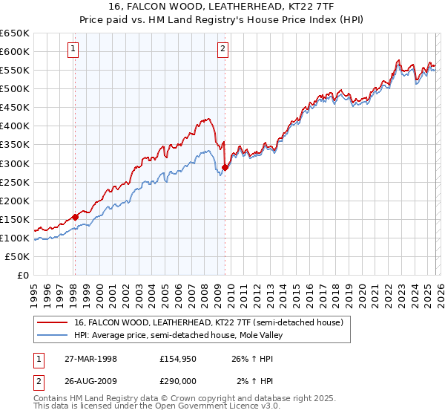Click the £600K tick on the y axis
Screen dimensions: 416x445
click(15, 51)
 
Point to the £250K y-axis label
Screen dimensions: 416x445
click(15, 182)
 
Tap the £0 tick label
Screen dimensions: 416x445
click(22, 275)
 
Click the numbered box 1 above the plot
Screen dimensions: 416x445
click(74, 50)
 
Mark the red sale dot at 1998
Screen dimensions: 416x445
click(75, 217)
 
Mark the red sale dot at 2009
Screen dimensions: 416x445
click(225, 167)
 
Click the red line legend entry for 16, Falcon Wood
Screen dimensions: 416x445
click(208, 323)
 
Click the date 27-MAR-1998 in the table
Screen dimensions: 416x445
click(90, 359)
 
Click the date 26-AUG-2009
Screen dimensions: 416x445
click(90, 381)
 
